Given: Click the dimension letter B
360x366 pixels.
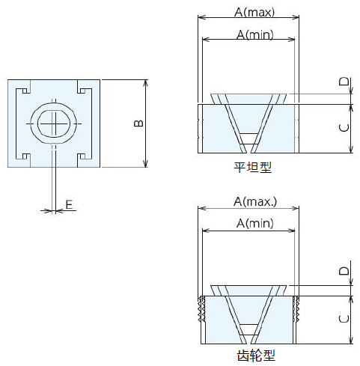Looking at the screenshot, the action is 138,123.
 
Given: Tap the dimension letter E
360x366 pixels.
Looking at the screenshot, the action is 69,204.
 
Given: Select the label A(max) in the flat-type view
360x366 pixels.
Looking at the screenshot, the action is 254,12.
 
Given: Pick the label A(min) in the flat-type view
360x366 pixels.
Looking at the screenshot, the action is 254,34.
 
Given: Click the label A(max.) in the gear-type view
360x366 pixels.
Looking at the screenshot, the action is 255,201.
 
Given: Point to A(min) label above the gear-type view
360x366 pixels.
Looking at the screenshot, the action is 254,223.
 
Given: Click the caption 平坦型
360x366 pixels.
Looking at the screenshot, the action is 252,167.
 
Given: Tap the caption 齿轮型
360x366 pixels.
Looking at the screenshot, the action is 256,356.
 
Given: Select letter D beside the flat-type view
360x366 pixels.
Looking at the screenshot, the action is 344,82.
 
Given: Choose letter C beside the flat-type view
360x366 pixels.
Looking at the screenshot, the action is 344,128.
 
